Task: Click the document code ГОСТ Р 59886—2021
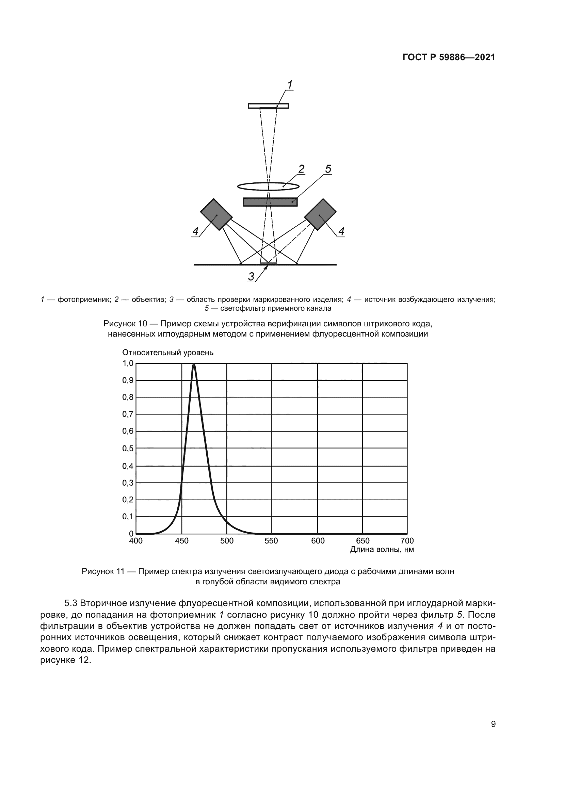(x=449, y=58)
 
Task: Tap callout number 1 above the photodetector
(x=289, y=85)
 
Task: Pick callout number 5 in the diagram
(x=328, y=169)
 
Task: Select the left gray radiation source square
(x=216, y=214)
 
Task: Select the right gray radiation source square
(x=320, y=214)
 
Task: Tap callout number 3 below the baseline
(x=251, y=276)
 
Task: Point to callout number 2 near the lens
(x=301, y=169)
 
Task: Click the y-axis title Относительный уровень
(x=168, y=353)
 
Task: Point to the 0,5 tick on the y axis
(x=128, y=448)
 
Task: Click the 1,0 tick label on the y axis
(x=128, y=363)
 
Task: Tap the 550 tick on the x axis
(x=271, y=541)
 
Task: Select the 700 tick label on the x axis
(x=407, y=541)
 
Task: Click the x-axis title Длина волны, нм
(x=382, y=550)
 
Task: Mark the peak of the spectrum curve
(x=194, y=364)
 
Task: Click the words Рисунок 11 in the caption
(x=103, y=571)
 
